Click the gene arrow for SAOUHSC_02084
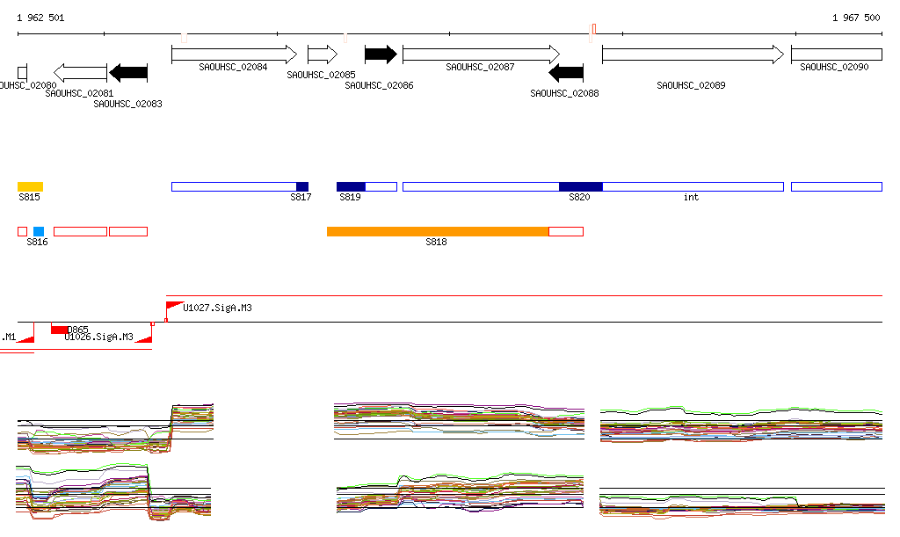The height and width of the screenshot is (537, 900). pos(234,54)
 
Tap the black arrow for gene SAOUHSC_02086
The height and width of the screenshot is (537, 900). pos(381,54)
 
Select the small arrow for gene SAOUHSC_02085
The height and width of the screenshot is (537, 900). pos(322,54)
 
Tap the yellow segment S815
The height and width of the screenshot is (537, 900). pos(30,186)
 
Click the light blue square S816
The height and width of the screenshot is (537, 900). pos(39,231)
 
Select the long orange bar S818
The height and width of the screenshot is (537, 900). pos(438,231)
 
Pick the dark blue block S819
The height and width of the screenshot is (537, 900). pos(351,186)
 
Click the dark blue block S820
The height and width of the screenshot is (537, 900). pos(580,186)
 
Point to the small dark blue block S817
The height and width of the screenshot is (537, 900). pos(302,186)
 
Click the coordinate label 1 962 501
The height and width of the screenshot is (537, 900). pos(40,18)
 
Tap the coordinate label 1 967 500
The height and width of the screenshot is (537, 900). pos(856,18)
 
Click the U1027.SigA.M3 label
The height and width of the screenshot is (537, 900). pos(217,308)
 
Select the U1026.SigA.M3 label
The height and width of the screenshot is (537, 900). pos(98,337)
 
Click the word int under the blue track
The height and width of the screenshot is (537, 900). pos(691,197)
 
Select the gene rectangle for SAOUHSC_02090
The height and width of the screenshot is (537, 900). pos(836,54)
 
